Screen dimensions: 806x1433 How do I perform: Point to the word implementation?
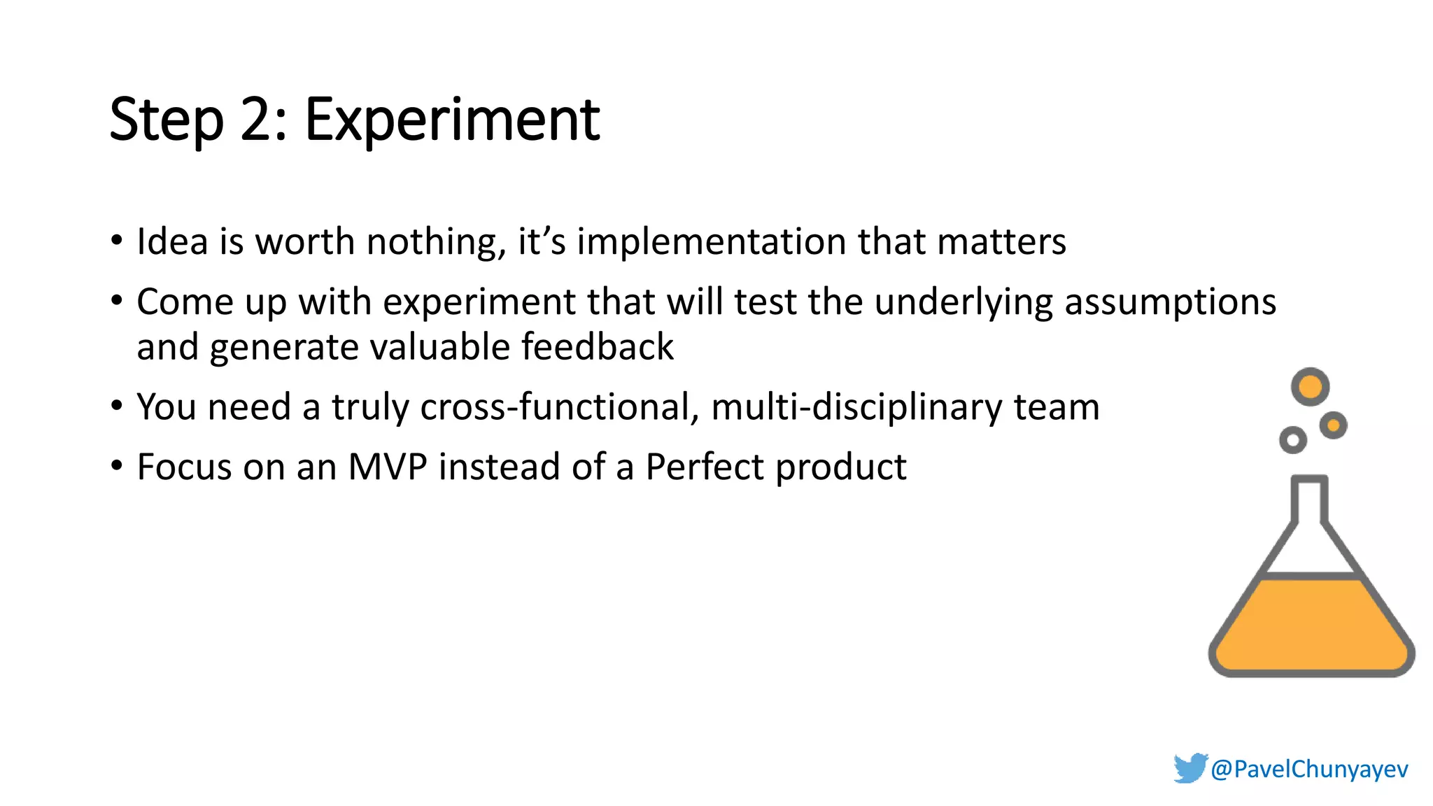711,243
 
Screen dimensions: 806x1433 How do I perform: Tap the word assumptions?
1170,303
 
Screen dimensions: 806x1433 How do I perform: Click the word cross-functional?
559,407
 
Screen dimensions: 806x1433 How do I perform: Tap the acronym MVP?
388,467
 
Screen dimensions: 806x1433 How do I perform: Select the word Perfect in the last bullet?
704,467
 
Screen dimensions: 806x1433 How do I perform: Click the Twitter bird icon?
1190,768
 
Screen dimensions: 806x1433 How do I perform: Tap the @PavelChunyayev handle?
1309,769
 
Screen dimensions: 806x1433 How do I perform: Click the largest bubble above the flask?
1310,386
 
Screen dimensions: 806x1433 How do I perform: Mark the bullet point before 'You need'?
117,406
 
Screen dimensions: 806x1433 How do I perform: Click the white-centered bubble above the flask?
1292,440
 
